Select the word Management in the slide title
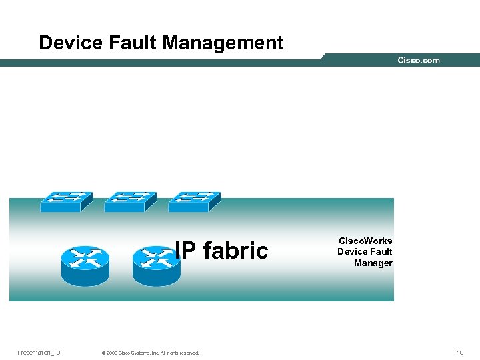(x=223, y=43)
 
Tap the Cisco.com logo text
(x=419, y=60)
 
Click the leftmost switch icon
(x=66, y=201)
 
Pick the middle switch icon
(x=130, y=201)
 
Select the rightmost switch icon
(x=194, y=201)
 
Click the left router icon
(x=85, y=265)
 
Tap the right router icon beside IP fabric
(x=157, y=265)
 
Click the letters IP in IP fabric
(x=186, y=251)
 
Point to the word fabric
(x=235, y=251)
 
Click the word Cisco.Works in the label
(x=365, y=241)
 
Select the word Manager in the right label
(x=373, y=263)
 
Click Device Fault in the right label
(x=365, y=252)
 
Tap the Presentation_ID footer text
(x=39, y=353)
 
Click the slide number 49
(x=460, y=353)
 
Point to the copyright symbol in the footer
(x=103, y=353)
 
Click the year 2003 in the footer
(x=111, y=353)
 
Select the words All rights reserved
(x=181, y=353)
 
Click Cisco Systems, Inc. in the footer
(x=139, y=353)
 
